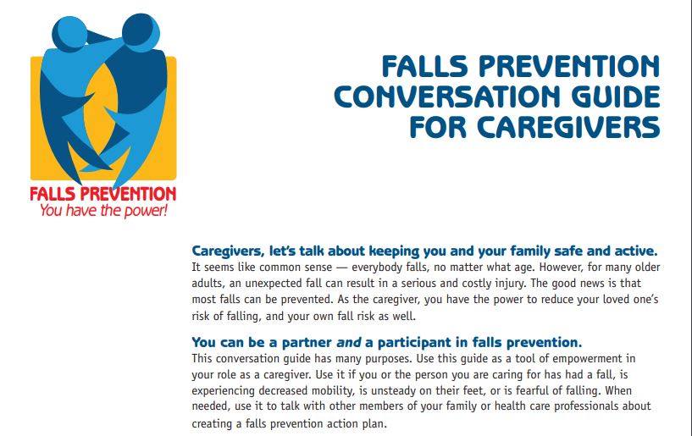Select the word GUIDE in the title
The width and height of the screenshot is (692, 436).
coord(616,97)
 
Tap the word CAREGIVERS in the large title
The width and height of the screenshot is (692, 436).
coord(568,127)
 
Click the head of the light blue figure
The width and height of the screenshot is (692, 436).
coord(69,34)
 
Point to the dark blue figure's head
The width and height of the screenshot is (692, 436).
coord(141,32)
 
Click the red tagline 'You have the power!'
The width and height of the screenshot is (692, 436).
coord(103,210)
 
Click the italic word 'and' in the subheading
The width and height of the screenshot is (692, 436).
coord(349,342)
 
